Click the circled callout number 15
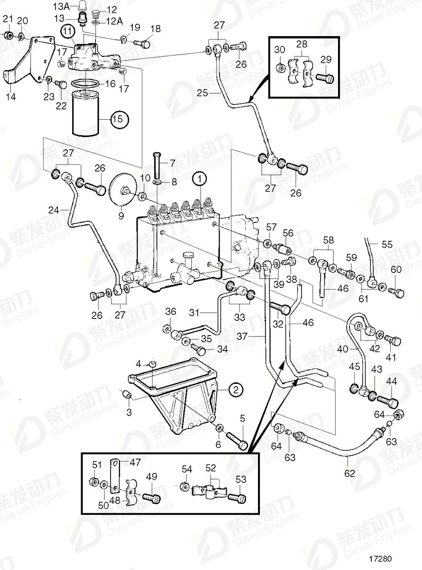click(x=119, y=119)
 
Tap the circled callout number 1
click(x=200, y=179)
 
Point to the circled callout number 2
click(x=236, y=390)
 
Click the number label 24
click(x=54, y=209)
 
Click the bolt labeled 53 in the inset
click(x=238, y=498)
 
